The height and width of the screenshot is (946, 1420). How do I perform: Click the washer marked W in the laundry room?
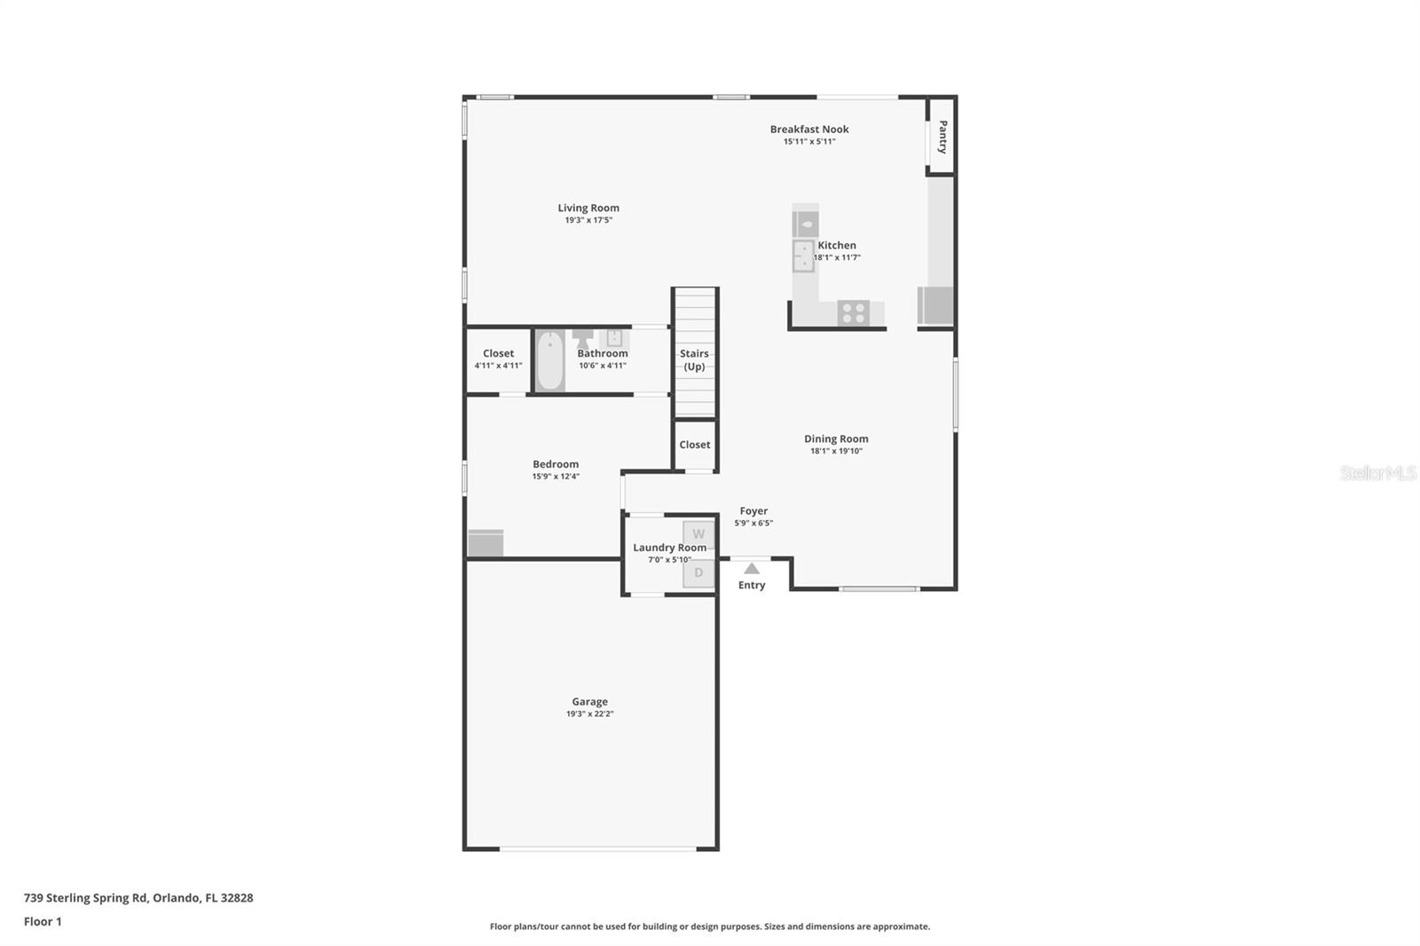coord(698,533)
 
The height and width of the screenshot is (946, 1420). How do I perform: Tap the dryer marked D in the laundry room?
coord(698,572)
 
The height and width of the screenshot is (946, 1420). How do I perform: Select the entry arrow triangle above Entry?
coord(752,568)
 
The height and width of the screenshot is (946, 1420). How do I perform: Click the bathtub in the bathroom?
coord(549,360)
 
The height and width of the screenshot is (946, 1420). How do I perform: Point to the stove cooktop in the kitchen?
coord(854,312)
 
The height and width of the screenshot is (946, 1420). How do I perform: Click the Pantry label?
coord(943,137)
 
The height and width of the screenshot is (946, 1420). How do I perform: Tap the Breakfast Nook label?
coord(809,130)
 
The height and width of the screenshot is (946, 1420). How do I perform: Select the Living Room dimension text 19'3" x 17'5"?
coord(588,220)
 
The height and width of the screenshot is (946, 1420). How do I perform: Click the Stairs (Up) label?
coord(694,359)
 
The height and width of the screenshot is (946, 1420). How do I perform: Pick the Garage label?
coord(589,702)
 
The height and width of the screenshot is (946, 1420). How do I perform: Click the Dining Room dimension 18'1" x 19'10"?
coord(836,451)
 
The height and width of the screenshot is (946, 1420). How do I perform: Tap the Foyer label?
coord(753,511)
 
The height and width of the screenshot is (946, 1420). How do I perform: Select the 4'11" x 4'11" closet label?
coord(498,365)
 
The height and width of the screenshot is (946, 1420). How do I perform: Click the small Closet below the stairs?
coord(695,445)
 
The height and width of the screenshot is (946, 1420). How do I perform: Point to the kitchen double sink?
coord(803,256)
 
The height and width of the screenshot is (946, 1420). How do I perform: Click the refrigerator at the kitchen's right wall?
coord(935,305)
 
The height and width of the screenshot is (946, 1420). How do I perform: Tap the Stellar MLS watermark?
coord(1377,473)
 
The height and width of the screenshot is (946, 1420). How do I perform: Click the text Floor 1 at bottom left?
coord(43,921)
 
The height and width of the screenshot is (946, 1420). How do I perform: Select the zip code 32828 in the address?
coord(237,898)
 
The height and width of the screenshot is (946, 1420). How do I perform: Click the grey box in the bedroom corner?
coord(485,543)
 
